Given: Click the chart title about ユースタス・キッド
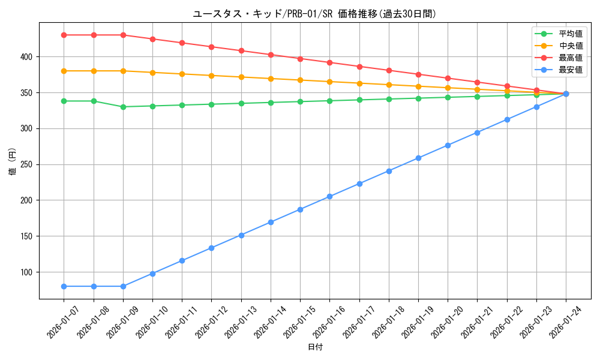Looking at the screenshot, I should pos(314,14).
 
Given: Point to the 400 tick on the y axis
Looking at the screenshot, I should pos(28,57).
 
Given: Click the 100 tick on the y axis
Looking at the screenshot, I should pos(28,272).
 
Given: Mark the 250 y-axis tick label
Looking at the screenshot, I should pos(28,164).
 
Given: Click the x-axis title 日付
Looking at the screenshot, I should pos(315,347).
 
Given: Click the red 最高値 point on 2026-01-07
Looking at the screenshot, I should pos(64,35).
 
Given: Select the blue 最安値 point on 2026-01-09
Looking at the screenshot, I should pos(123,286).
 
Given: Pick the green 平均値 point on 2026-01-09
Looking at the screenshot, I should pos(123,107).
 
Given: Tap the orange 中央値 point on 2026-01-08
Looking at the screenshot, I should pos(94,71).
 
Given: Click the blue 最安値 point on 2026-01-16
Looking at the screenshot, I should pos(329,197).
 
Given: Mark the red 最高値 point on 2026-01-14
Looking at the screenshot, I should pos(271,55).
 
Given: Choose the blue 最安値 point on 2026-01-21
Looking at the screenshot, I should pos(477,133).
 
